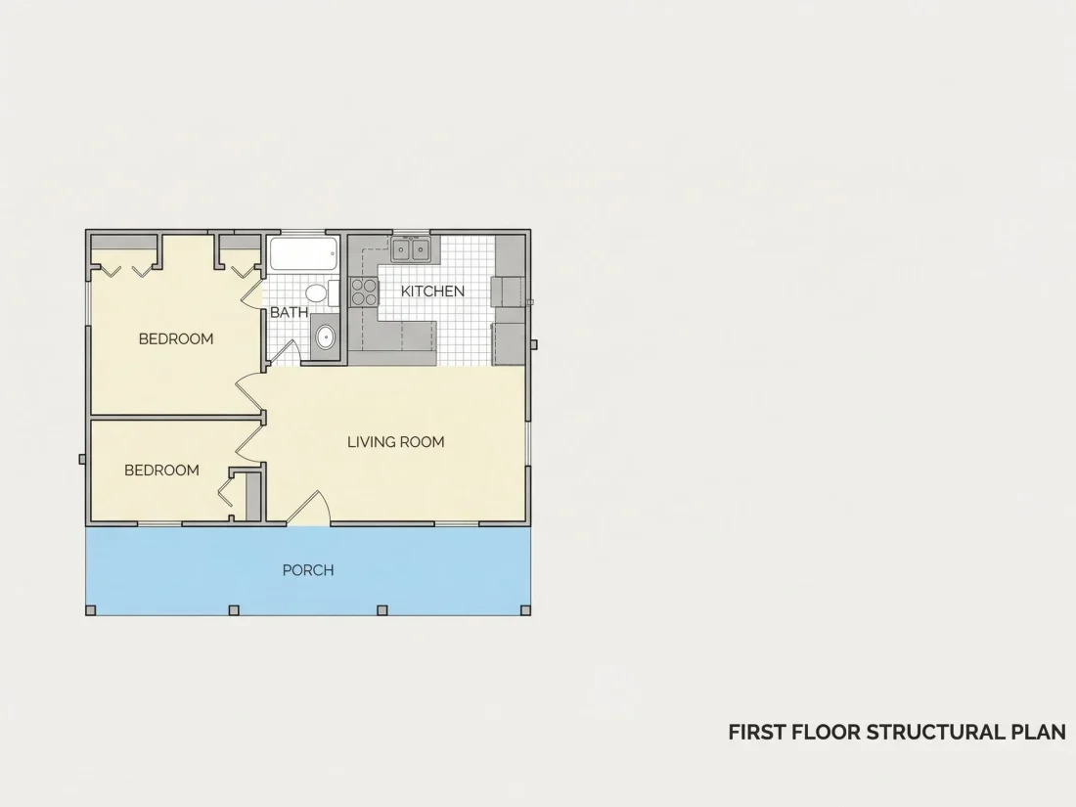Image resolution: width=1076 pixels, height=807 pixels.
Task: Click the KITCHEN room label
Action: [x=432, y=291]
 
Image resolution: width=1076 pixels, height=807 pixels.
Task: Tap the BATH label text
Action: [x=289, y=312]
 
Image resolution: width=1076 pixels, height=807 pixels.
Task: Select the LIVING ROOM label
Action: [x=396, y=442]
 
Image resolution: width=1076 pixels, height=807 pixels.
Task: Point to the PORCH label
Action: [x=308, y=570]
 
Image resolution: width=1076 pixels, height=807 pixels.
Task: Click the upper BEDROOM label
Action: [x=176, y=338]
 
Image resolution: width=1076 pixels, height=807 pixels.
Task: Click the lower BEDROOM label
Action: [x=162, y=471]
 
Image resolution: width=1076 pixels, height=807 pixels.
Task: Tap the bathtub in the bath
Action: [x=303, y=254]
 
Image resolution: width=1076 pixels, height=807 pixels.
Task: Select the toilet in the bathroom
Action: [x=321, y=293]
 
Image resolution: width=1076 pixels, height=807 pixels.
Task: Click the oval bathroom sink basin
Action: [x=325, y=336]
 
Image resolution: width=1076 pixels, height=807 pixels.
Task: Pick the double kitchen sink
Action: [x=411, y=249]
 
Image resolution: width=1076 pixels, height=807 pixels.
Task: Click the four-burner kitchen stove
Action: [x=365, y=291]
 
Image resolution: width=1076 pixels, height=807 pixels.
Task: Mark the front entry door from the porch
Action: [x=309, y=509]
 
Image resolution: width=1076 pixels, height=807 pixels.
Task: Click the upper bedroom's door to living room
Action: [x=250, y=392]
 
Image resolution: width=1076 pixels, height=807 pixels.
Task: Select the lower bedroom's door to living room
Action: [x=250, y=440]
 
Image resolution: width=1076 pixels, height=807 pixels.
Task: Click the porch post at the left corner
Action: [x=90, y=610]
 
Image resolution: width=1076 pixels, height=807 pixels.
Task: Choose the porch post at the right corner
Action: [x=526, y=610]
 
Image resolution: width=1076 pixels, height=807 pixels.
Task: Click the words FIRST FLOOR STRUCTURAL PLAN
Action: [x=897, y=733]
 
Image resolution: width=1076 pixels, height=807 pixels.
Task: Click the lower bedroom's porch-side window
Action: [x=159, y=524]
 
